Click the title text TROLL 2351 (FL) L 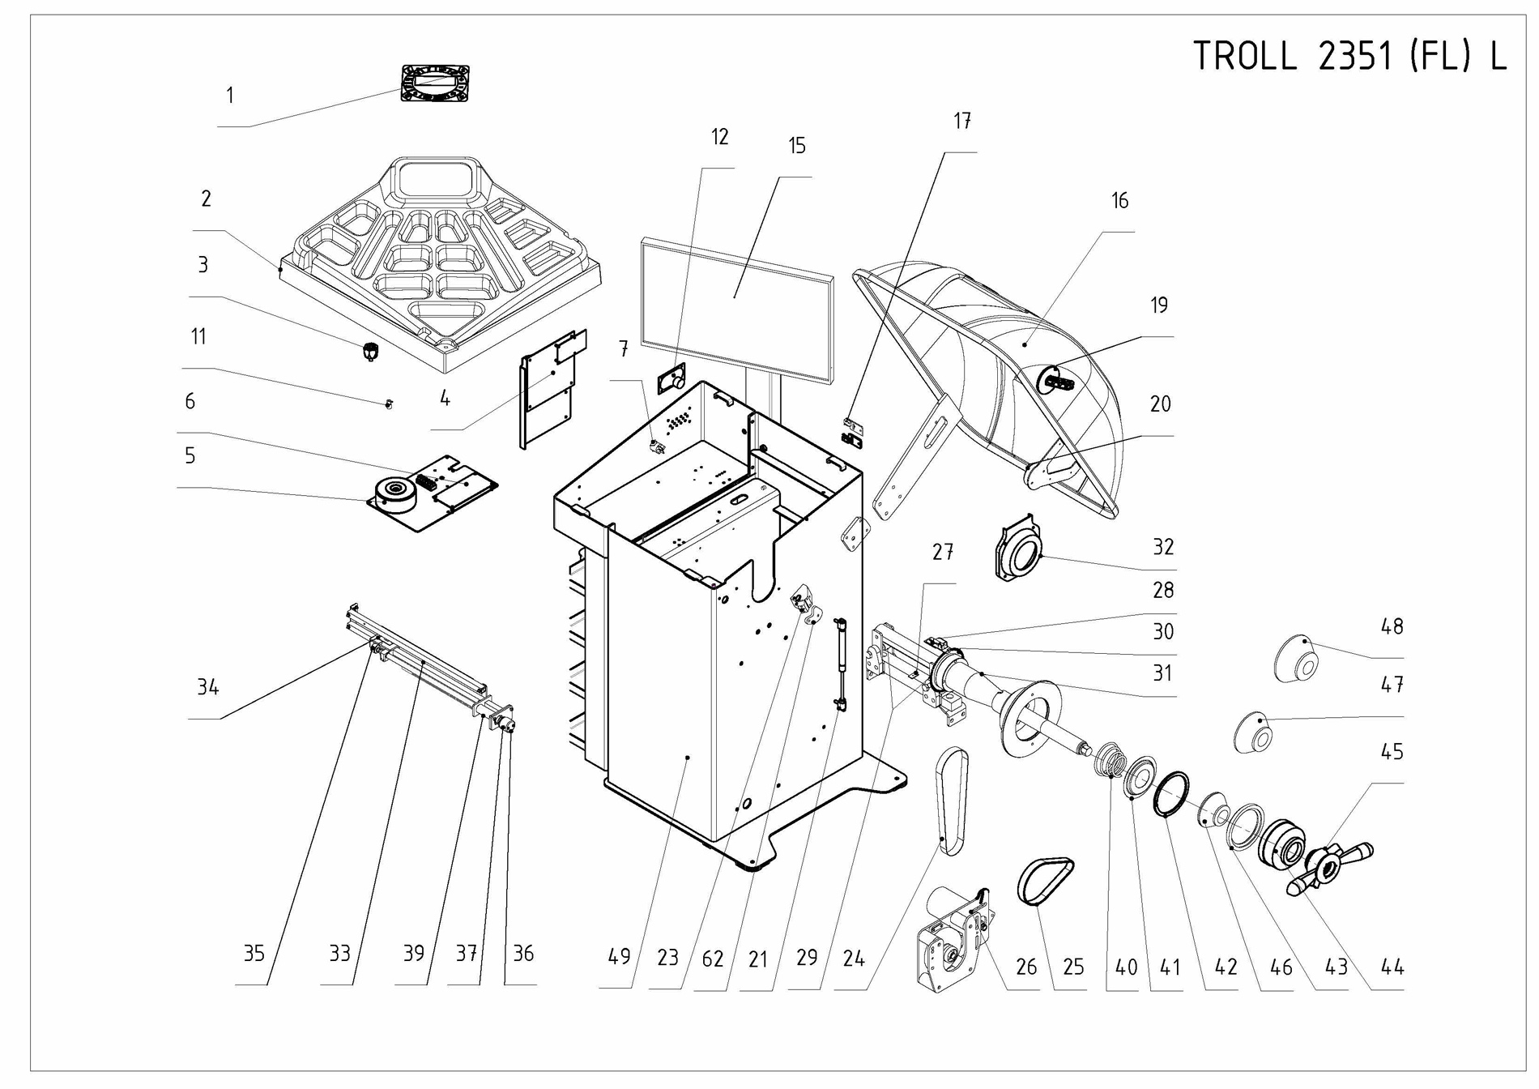pyautogui.click(x=1349, y=56)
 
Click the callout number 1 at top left pyautogui.click(x=230, y=96)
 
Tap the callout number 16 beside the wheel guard pyautogui.click(x=1119, y=200)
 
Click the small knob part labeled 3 pyautogui.click(x=371, y=352)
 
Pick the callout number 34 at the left pyautogui.click(x=208, y=687)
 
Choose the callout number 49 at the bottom pyautogui.click(x=619, y=957)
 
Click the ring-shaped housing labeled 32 pyautogui.click(x=1017, y=549)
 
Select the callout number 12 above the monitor pyautogui.click(x=719, y=137)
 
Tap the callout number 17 pyautogui.click(x=962, y=121)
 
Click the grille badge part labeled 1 pyautogui.click(x=435, y=83)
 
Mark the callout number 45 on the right pyautogui.click(x=1392, y=752)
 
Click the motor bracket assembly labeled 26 pyautogui.click(x=956, y=940)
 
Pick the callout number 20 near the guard pyautogui.click(x=1160, y=404)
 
